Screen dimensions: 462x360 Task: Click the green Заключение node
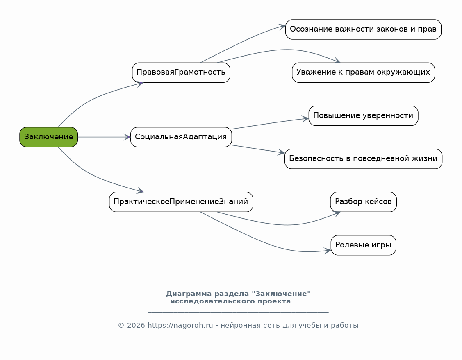click(x=49, y=137)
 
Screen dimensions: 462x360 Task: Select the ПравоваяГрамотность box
click(x=181, y=72)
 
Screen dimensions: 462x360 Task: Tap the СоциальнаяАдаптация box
click(x=181, y=137)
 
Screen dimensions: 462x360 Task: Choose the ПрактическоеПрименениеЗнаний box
click(x=181, y=202)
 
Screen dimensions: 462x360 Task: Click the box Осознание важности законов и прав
click(x=363, y=29)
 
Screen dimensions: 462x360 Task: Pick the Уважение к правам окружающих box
click(x=363, y=72)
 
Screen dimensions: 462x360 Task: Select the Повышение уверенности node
click(x=363, y=115)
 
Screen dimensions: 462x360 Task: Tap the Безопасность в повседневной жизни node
click(x=363, y=158)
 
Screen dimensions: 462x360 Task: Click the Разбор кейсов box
click(x=363, y=202)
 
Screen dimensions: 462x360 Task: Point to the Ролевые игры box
click(x=363, y=245)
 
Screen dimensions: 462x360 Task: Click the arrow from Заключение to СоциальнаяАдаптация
click(x=104, y=137)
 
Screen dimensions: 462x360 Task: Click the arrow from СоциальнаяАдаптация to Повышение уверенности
click(x=270, y=124)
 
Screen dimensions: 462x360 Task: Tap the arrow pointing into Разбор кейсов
click(x=283, y=225)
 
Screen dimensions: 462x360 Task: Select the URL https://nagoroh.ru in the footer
click(x=180, y=325)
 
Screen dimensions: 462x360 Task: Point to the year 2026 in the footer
click(x=136, y=325)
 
